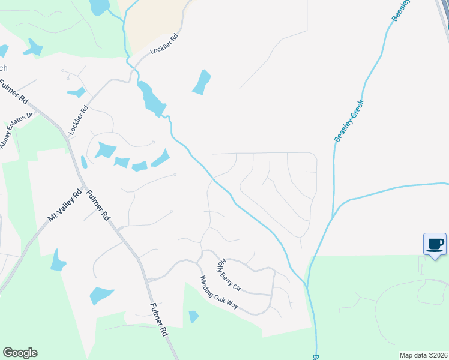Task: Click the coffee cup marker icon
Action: coord(435,244)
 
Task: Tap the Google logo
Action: coord(20,353)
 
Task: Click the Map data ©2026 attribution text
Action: coord(423,355)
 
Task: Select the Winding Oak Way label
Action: coord(220,292)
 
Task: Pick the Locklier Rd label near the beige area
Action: coord(164,46)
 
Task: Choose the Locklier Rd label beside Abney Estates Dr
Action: coord(79,120)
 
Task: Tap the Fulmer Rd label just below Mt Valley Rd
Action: coord(98,205)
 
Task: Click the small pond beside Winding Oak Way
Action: coord(193,316)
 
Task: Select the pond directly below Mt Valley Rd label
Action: coord(58,260)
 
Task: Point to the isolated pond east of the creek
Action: coord(202,82)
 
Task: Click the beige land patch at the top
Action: coord(155,24)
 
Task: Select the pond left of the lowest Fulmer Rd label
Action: coord(101,295)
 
